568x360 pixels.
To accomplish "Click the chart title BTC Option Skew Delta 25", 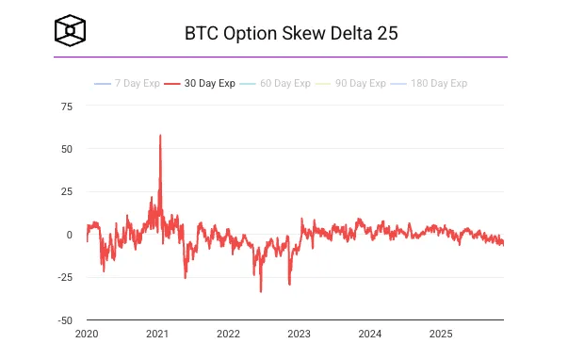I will coord(291,33).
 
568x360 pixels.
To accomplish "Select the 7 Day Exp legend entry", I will coord(123,84).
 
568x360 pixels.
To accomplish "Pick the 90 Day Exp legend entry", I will coord(353,84).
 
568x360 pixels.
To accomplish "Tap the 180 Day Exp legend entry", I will coord(432,84).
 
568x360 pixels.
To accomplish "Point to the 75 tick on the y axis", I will coord(67,106).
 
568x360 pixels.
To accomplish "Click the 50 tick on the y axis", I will coord(67,149).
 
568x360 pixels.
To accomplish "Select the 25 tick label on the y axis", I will coord(67,192).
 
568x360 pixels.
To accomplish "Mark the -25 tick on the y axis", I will coord(65,277).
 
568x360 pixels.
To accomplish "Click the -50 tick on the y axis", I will coord(65,320).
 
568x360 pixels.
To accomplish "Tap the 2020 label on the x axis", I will coord(87,334).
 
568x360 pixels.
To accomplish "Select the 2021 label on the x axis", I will coord(157,334).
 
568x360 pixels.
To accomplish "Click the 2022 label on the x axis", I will coord(228,334).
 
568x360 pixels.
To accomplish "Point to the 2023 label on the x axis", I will coord(299,334).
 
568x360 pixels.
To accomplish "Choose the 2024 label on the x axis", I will coord(370,334).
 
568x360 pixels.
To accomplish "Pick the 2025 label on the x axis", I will coord(441,334).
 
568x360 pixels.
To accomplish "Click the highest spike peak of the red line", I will coord(160,135).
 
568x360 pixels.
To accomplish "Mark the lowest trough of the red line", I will coord(261,291).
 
